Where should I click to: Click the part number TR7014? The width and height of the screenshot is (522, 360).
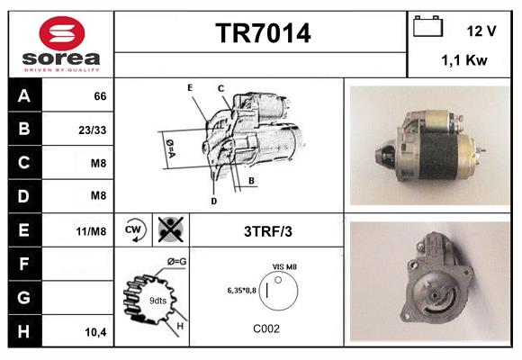coord(263,34)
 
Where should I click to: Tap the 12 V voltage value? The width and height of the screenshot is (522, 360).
coord(481,31)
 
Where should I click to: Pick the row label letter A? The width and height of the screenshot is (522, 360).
coord(23,94)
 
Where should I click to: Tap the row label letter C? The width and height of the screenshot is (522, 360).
coord(23,163)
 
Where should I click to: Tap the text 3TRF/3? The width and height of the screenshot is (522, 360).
coord(268,231)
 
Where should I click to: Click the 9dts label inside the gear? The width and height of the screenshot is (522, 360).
coord(157,300)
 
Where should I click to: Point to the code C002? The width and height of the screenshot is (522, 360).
coord(267,328)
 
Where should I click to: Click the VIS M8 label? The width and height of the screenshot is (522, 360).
coord(285,267)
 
